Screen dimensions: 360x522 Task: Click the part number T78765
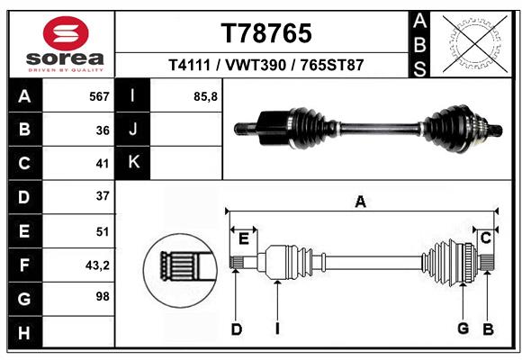click(266, 33)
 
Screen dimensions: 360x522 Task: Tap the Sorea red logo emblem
click(66, 33)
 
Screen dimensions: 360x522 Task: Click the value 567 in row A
click(98, 96)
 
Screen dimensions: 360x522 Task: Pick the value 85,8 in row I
click(205, 96)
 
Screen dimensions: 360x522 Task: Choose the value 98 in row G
click(101, 297)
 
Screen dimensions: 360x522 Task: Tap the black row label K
click(132, 163)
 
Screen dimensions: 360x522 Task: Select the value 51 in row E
click(102, 230)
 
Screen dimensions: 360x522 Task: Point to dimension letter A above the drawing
click(360, 202)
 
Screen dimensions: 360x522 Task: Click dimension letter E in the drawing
click(243, 238)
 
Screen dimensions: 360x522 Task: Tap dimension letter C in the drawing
click(485, 238)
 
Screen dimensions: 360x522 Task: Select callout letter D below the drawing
click(237, 329)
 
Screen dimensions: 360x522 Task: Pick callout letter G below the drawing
click(463, 328)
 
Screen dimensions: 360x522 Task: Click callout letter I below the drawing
click(277, 329)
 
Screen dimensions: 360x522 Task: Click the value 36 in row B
click(102, 130)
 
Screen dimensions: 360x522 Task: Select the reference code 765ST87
click(332, 66)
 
